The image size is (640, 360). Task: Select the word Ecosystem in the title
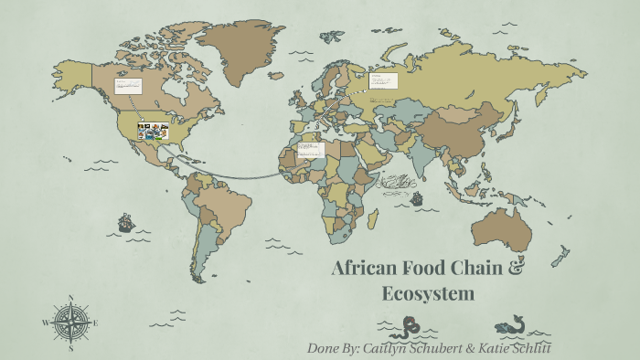429,293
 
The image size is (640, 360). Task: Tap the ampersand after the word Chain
517,268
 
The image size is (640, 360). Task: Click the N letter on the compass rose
71,299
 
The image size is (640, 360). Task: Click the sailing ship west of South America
126,222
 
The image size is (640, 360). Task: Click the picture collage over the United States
153,132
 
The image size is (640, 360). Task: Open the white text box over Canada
126,86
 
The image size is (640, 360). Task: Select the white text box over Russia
383,80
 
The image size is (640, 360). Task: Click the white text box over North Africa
311,148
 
